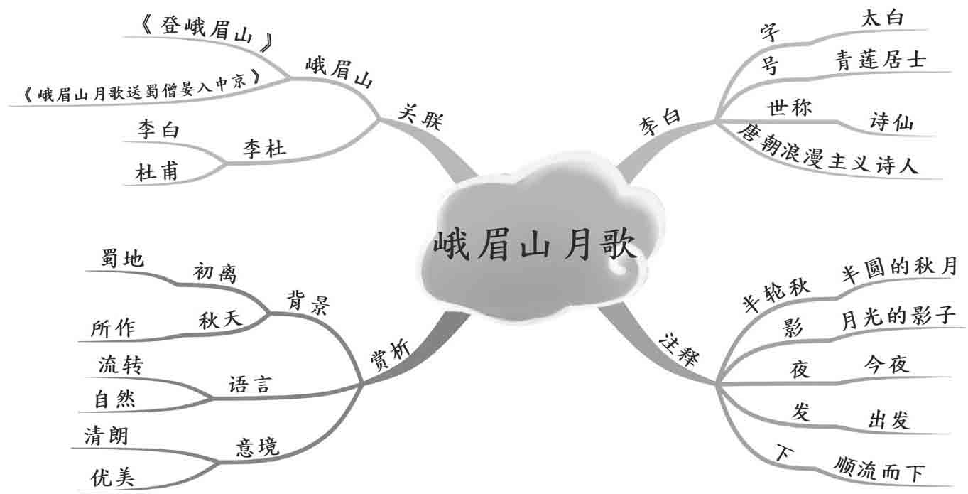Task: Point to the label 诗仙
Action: tap(891, 122)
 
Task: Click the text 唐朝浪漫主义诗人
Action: tap(827, 150)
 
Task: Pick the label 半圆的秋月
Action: tap(898, 268)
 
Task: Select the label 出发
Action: tap(888, 420)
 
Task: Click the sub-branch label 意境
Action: tap(257, 447)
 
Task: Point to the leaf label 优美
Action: tap(112, 477)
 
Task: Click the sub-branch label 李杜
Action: tap(264, 149)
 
